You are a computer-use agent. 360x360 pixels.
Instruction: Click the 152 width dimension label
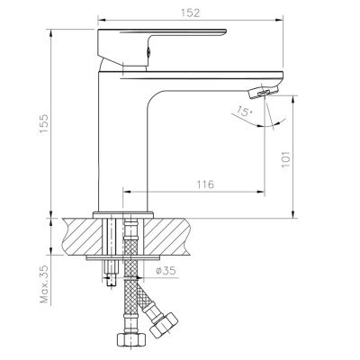click(x=189, y=13)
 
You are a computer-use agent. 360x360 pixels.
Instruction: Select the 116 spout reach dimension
click(x=204, y=184)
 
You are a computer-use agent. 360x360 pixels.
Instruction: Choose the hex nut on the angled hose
click(x=166, y=327)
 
